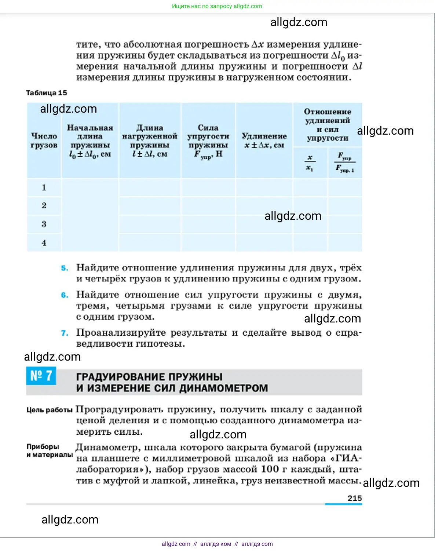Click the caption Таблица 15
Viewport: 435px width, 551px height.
[47, 93]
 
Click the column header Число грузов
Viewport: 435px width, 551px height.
[44, 141]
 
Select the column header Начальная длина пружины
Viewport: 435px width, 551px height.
[90, 141]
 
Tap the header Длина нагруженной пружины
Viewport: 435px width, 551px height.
[150, 141]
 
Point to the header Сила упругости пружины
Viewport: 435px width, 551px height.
[208, 141]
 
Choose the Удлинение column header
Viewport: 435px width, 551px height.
[264, 141]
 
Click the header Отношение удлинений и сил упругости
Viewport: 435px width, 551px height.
[328, 125]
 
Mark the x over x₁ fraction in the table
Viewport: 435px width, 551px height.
[310, 163]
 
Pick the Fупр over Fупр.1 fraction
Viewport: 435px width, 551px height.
[345, 163]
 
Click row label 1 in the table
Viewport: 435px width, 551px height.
[44, 187]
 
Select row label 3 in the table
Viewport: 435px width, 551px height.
[44, 224]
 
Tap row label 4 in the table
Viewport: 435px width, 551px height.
[44, 243]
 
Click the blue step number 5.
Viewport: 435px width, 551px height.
[65, 268]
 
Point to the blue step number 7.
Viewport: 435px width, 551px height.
[65, 333]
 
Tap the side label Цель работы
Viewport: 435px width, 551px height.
[50, 410]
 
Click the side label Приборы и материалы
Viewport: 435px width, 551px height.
[50, 451]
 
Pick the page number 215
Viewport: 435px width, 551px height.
[354, 498]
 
